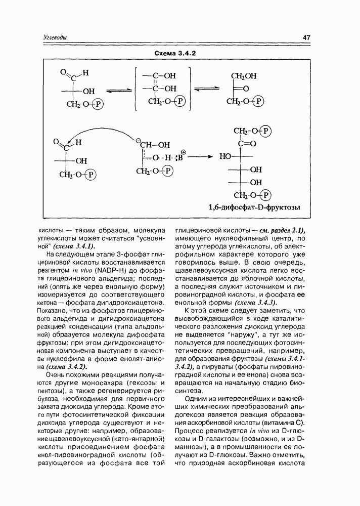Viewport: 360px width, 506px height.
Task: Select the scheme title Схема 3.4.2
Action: pyautogui.click(x=178, y=53)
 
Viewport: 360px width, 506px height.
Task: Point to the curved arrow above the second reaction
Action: pyautogui.click(x=101, y=132)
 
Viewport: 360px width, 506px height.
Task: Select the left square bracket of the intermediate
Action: pyautogui.click(x=137, y=90)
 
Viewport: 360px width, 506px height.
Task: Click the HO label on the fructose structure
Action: pyautogui.click(x=226, y=157)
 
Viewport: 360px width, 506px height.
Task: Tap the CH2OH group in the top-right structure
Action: pyautogui.click(x=244, y=76)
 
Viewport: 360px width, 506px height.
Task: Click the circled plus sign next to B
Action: pyautogui.click(x=184, y=152)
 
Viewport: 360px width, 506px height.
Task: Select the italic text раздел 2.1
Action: pyautogui.click(x=284, y=229)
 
